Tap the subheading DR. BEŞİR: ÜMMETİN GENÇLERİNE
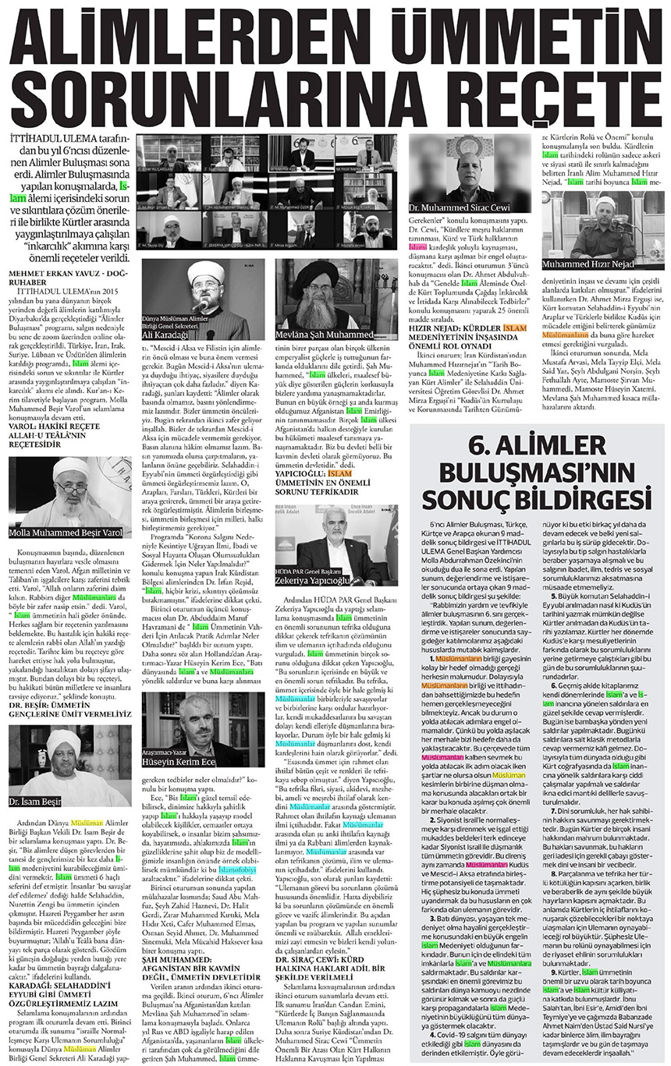point(66,706)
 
